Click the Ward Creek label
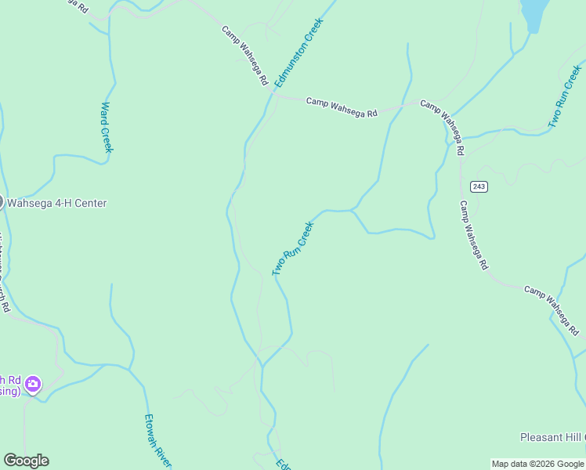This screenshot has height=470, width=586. click(x=107, y=128)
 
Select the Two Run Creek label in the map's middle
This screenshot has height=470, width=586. click(x=293, y=248)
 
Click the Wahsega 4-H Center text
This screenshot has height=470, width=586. click(x=57, y=203)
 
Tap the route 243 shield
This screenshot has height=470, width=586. click(x=479, y=186)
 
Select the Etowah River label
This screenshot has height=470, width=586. click(x=158, y=442)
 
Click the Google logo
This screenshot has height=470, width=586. click(x=26, y=461)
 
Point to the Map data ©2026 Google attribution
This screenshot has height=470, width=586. click(x=538, y=464)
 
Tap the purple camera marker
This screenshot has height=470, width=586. click(x=33, y=384)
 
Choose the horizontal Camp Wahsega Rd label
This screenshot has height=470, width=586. click(x=342, y=107)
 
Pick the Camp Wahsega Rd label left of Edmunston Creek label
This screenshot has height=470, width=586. click(x=245, y=56)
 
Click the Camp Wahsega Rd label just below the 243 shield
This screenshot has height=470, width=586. click(x=473, y=236)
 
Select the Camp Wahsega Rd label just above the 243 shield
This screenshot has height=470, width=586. click(x=443, y=126)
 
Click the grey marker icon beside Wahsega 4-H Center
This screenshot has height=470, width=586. click(x=2, y=202)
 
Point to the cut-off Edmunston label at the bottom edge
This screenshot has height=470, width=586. click(x=283, y=464)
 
